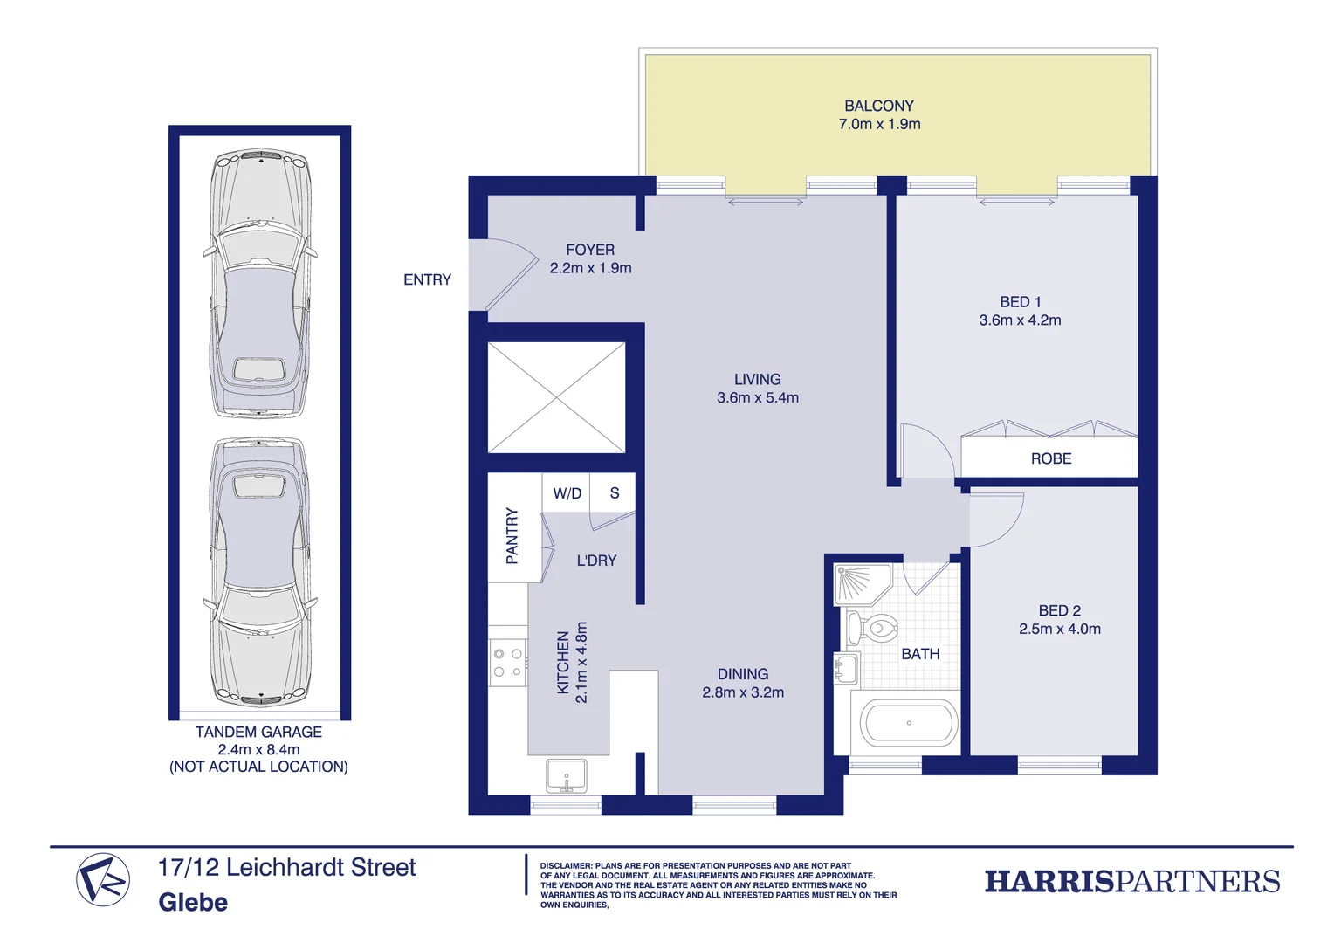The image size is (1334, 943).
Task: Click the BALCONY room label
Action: pyautogui.click(x=878, y=106)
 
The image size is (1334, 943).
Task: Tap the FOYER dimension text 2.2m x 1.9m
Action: pyautogui.click(x=590, y=268)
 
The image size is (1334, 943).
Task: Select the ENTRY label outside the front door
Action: pyautogui.click(x=427, y=279)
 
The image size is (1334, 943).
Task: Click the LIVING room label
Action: pyautogui.click(x=757, y=379)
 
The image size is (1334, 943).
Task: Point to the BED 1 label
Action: pyautogui.click(x=1020, y=302)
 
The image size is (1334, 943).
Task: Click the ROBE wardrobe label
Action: pyautogui.click(x=1050, y=458)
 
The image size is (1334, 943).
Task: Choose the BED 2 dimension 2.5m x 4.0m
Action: pyautogui.click(x=1059, y=629)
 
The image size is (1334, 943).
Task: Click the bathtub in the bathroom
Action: pyautogui.click(x=908, y=723)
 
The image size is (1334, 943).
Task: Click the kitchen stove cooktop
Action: pyautogui.click(x=507, y=663)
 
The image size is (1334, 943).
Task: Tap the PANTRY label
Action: pyautogui.click(x=512, y=535)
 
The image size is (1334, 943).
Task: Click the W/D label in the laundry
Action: pyautogui.click(x=567, y=493)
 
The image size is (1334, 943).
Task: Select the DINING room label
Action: pyautogui.click(x=742, y=674)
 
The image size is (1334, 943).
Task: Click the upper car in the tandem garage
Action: pyautogui.click(x=260, y=284)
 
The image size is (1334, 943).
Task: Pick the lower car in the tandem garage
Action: pyautogui.click(x=260, y=572)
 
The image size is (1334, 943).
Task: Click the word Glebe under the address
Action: pyautogui.click(x=193, y=902)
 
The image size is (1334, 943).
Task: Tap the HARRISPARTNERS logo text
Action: pyautogui.click(x=1131, y=881)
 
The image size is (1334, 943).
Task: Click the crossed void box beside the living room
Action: pyautogui.click(x=556, y=398)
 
